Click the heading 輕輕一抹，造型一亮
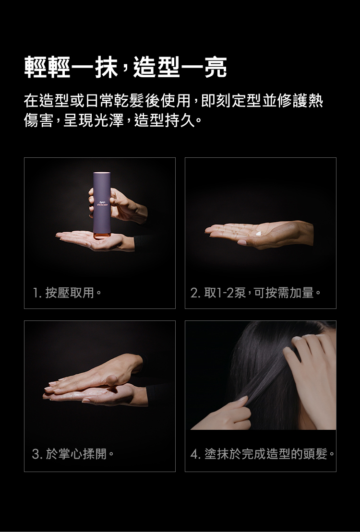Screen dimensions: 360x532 [x=126, y=68]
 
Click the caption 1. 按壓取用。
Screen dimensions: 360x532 [x=67, y=292]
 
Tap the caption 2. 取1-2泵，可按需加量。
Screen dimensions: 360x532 [x=255, y=292]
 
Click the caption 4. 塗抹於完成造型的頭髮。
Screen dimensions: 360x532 [x=263, y=454]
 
